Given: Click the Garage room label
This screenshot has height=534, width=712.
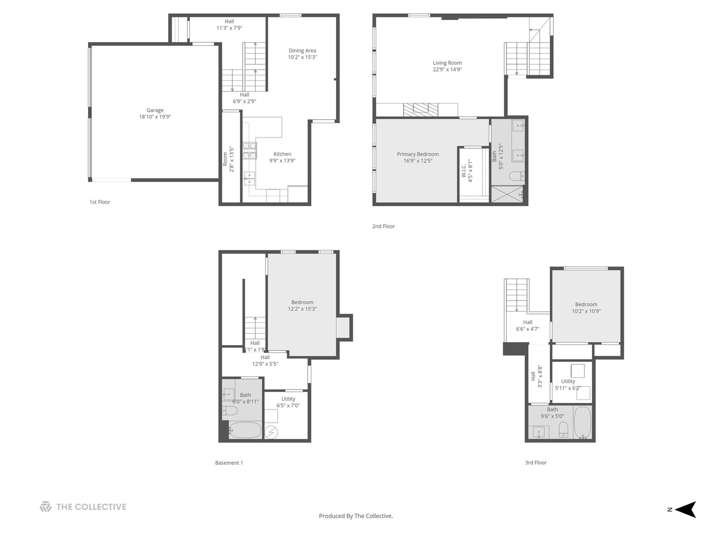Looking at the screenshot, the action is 155,110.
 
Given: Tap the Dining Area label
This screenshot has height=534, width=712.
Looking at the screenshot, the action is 302,50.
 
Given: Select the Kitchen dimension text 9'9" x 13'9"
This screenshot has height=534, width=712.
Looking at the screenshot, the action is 282,161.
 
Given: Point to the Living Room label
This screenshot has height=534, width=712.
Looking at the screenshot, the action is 447,63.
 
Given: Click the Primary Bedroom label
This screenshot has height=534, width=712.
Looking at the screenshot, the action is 418,154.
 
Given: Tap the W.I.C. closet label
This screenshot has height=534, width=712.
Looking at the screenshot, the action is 463,171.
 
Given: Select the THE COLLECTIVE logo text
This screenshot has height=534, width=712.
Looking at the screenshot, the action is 91,507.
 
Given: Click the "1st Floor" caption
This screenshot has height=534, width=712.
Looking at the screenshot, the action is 99,202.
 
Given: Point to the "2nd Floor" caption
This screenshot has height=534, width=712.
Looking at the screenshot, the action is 383,226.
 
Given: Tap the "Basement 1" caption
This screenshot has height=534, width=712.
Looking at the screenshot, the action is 229,463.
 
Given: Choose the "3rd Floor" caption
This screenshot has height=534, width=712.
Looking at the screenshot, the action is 535,463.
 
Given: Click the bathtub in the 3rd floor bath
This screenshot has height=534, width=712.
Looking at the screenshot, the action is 582,423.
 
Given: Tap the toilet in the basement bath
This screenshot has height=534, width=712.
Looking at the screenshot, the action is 230,411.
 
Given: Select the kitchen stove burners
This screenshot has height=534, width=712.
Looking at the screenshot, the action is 250,151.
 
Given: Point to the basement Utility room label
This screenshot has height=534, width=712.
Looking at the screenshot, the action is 288,399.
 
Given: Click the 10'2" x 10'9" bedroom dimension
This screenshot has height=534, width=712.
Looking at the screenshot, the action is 586,311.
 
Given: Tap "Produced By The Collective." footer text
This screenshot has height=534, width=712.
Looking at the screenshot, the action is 356,516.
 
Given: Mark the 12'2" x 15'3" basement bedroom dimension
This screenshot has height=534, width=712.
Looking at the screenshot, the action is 302,309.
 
